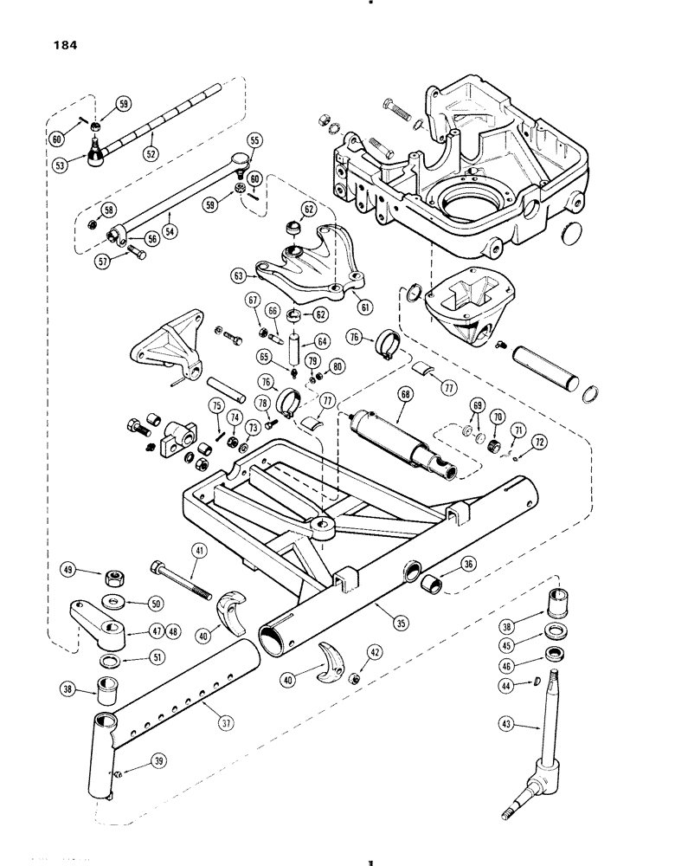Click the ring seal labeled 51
pos(112,663)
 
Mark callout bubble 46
pos(508,667)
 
